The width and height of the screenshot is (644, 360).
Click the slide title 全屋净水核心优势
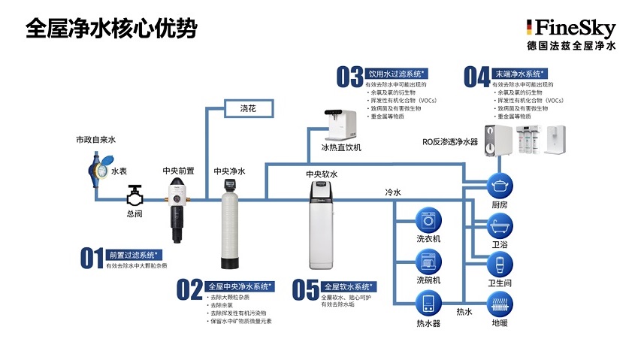coord(111,28)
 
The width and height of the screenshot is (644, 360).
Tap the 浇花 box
coord(248,109)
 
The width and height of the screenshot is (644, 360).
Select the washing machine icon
coord(429,221)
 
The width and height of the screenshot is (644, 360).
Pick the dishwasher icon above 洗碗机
coord(429,262)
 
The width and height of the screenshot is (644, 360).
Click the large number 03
coord(349,77)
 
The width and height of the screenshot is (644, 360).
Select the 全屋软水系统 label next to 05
coord(349,286)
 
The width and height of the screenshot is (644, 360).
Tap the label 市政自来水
coord(95,141)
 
